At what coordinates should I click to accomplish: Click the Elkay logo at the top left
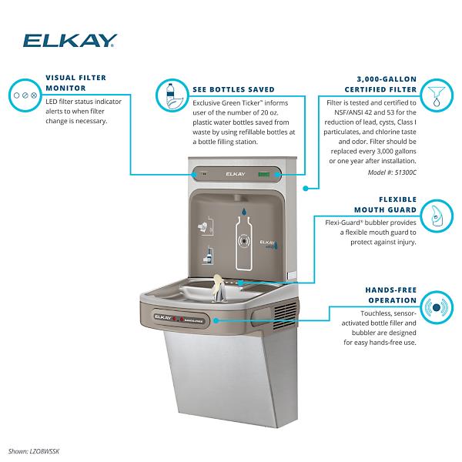coord(70,41)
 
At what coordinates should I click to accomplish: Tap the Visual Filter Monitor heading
coord(75,83)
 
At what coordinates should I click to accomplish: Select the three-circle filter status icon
coord(25,95)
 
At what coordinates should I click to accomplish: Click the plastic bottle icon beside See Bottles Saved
coord(172,95)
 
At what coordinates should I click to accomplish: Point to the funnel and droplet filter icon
coord(437,95)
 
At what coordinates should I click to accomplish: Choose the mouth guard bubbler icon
coord(437,216)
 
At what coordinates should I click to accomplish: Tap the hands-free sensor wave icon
coord(437,307)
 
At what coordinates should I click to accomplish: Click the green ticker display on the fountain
coord(263,175)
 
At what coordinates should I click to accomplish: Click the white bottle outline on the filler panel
coord(243,243)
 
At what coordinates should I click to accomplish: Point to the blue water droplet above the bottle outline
coord(244,211)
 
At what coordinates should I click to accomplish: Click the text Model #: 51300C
coord(392,172)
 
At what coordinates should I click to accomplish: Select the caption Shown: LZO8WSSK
coord(34,451)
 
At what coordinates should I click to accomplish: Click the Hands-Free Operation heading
coord(391,295)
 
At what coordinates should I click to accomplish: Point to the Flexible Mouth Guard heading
coord(386,205)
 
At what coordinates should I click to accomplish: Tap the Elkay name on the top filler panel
coord(236,174)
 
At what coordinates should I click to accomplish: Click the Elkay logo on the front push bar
coord(162,317)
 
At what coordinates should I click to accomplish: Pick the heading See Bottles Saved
coord(233,89)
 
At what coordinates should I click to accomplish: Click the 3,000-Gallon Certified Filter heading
coord(380,84)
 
